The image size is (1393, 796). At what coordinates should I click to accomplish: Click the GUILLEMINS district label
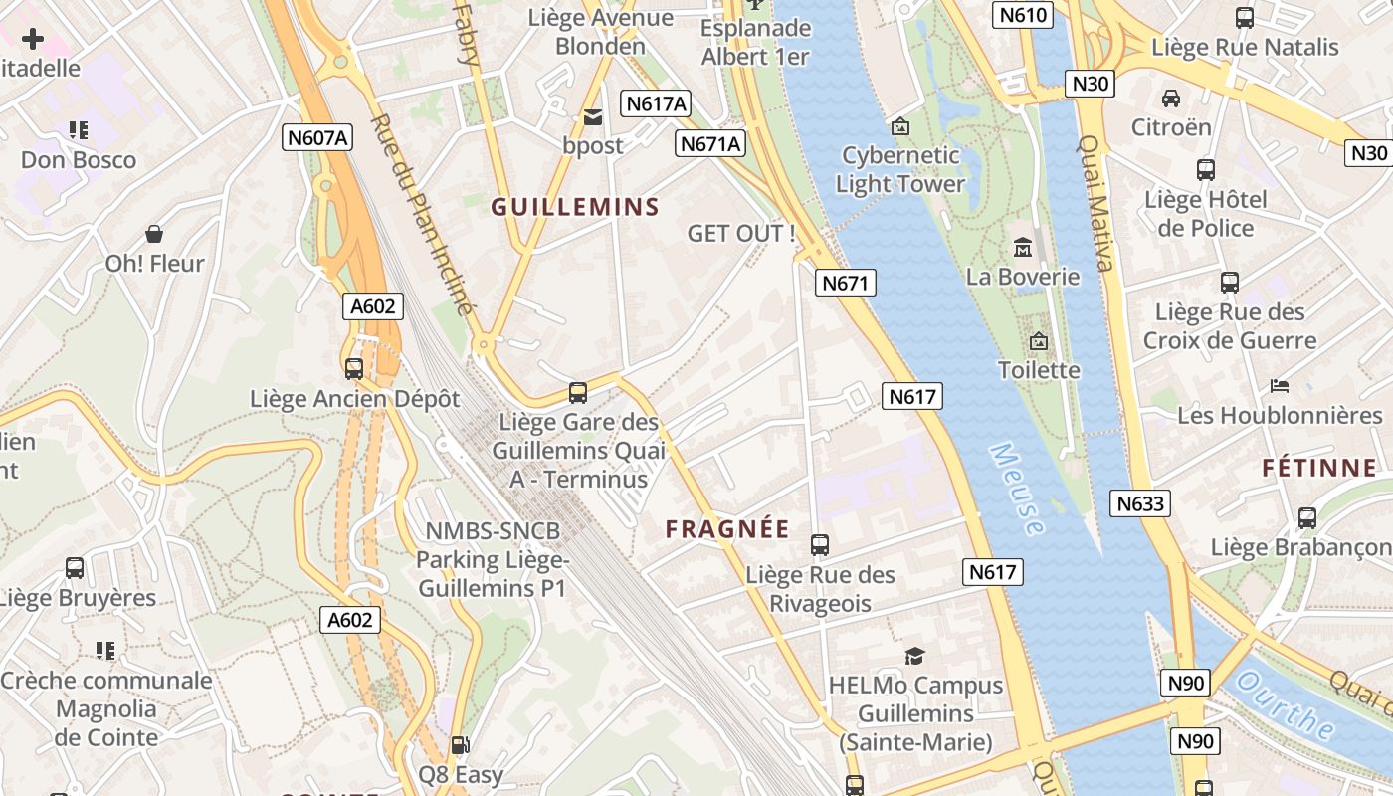click(575, 207)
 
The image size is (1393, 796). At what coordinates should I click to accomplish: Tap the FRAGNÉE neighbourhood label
click(727, 529)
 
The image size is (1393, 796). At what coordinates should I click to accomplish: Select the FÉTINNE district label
click(1319, 468)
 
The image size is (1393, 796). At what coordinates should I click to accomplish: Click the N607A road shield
click(317, 138)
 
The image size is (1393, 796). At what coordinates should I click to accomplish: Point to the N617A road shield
click(657, 103)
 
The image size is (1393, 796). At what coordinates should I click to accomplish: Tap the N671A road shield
click(710, 144)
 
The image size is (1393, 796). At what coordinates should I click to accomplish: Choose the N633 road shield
click(1140, 503)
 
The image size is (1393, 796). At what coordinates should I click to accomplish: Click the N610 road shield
click(1023, 15)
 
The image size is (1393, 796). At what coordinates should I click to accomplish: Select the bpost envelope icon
click(593, 117)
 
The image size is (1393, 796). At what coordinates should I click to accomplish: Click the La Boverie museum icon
click(1022, 247)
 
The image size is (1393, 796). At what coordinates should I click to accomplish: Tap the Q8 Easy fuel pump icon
click(460, 744)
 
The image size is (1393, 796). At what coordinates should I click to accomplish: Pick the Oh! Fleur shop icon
click(154, 234)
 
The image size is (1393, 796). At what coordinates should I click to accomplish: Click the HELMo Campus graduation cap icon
click(914, 656)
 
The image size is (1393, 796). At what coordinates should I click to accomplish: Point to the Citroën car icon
click(1171, 99)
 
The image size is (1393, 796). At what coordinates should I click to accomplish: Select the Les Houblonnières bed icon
click(1280, 385)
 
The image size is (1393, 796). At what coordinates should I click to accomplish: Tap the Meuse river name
click(1018, 489)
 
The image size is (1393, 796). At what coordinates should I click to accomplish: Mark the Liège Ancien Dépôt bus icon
click(353, 369)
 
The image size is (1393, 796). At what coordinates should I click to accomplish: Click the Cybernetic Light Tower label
click(900, 169)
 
